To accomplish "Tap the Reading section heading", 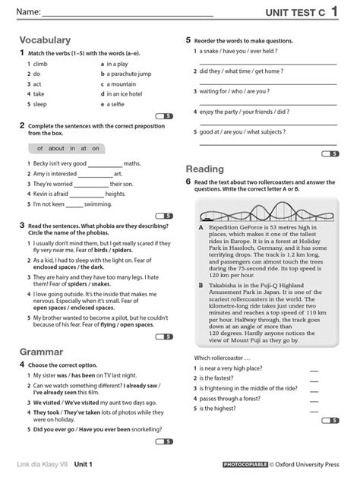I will tap(204, 169).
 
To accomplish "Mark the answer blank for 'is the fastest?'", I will tap(314, 377).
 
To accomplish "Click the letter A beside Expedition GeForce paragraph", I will tap(201, 227).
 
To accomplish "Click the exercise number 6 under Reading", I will tap(188, 182).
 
